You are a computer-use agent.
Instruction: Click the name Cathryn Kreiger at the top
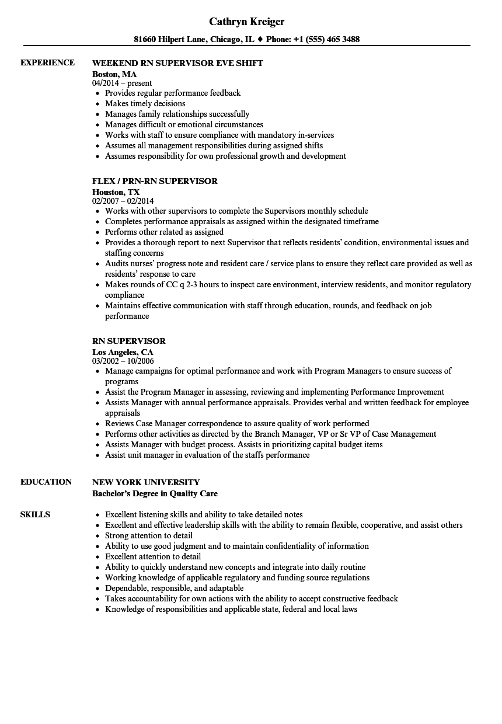pyautogui.click(x=246, y=22)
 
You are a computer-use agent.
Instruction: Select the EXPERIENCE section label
pyautogui.click(x=47, y=62)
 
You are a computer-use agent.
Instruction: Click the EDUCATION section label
pyautogui.click(x=46, y=482)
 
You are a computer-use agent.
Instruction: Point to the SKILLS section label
pyautogui.click(x=35, y=514)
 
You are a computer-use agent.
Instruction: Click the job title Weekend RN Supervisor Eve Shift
pyautogui.click(x=177, y=63)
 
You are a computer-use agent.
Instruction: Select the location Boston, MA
pyautogui.click(x=114, y=74)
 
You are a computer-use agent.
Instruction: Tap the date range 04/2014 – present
pyautogui.click(x=122, y=83)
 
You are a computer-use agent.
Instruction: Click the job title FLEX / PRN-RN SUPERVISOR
pyautogui.click(x=155, y=181)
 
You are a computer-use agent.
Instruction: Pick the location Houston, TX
pyautogui.click(x=116, y=192)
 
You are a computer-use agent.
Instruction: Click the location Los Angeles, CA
pyautogui.click(x=123, y=352)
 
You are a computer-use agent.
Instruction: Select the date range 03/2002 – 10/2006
pyautogui.click(x=123, y=361)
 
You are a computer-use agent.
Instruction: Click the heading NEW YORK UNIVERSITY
pyautogui.click(x=146, y=482)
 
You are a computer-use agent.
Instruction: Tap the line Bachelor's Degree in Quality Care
pyautogui.click(x=155, y=493)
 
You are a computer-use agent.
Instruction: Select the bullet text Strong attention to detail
pyautogui.click(x=148, y=535)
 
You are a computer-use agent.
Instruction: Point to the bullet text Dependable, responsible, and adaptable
pyautogui.click(x=174, y=588)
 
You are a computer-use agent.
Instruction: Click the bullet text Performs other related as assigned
pyautogui.click(x=164, y=232)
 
